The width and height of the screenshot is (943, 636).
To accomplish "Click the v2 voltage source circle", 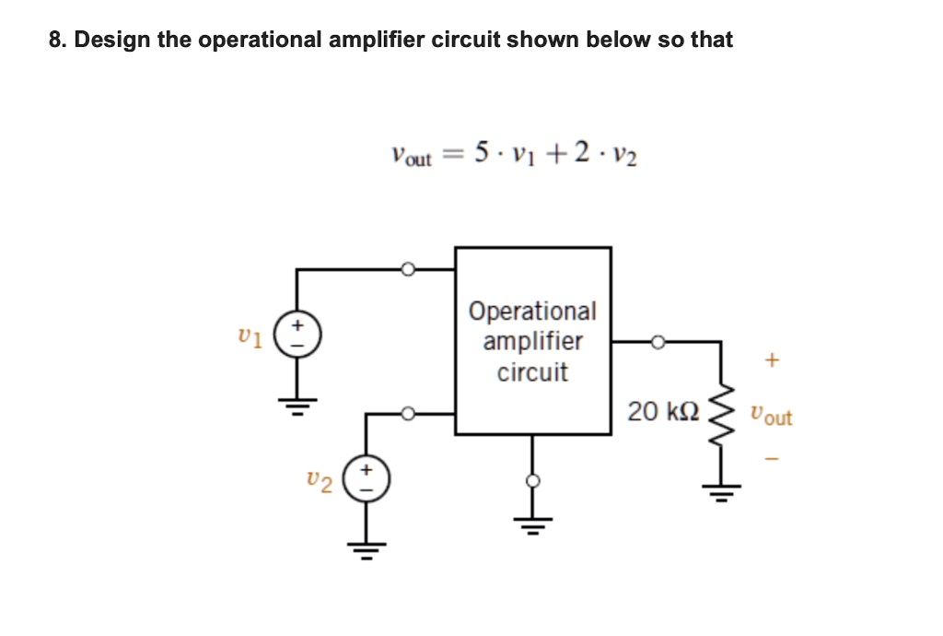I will point(367,479).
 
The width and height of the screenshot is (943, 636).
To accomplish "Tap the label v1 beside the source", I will point(250,337).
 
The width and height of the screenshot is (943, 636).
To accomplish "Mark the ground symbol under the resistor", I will point(721,493).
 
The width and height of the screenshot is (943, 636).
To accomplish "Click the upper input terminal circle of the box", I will point(409,269).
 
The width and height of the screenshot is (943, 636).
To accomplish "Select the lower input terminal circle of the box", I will point(409,413).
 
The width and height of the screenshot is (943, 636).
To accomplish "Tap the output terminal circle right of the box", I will point(658,342).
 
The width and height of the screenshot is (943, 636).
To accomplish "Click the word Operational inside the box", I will point(532,312).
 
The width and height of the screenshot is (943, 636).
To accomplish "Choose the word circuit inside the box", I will point(532,373).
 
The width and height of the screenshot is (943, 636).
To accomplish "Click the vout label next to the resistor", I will point(771,416).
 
